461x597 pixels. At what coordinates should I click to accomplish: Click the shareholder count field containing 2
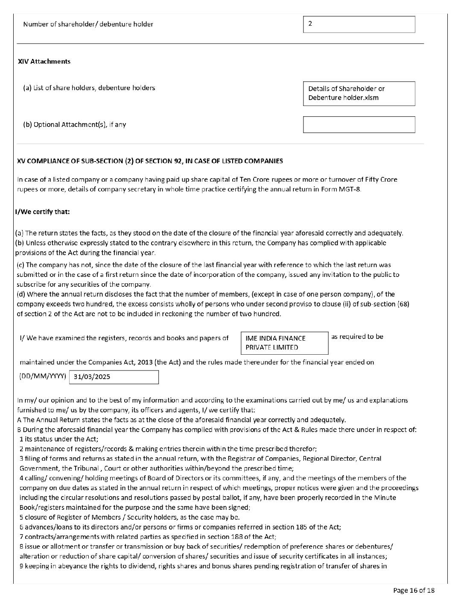pos(359,24)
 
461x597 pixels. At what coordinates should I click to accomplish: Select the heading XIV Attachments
pos(44,62)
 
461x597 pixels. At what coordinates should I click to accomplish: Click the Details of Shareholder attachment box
pos(359,94)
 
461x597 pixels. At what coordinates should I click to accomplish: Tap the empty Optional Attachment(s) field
pos(359,125)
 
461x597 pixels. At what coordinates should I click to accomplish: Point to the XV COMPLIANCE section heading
pos(150,161)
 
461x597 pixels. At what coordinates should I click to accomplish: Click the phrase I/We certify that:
pos(42,212)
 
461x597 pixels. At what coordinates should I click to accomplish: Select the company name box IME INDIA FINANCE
pos(284,343)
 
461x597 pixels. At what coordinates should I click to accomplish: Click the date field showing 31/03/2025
pos(114,377)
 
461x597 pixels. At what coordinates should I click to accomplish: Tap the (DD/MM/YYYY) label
pos(43,376)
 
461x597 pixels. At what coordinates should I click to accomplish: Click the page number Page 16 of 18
pos(414,591)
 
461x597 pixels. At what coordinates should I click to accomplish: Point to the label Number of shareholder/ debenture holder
pos(88,24)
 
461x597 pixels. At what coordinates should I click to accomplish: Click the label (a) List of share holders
pos(89,88)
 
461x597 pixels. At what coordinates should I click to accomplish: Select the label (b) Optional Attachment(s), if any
pos(75,125)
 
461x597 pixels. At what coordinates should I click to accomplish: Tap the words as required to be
pos(357,337)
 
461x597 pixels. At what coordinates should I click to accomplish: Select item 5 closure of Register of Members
pos(129,518)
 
